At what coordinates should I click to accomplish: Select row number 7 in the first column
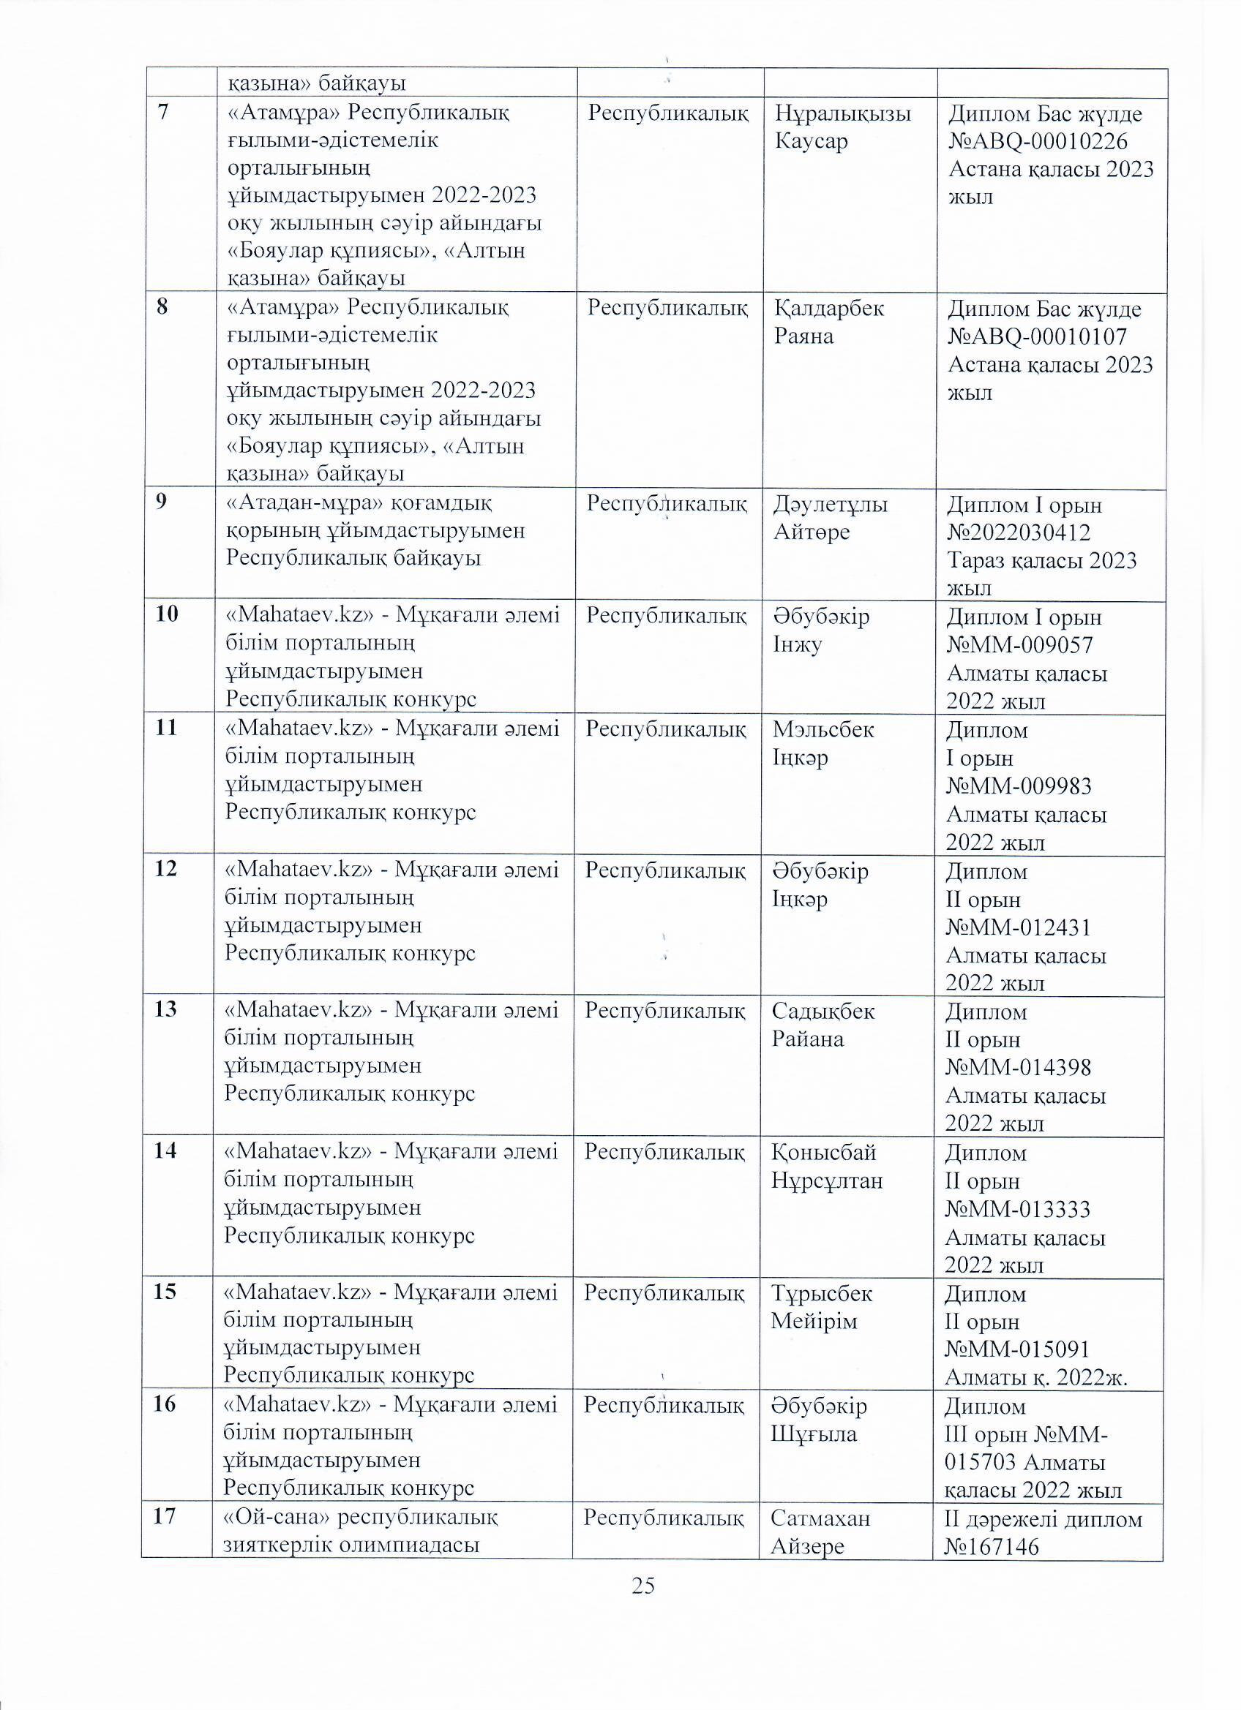pos(163,113)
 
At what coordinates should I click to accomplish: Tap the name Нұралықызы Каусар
pos(844,127)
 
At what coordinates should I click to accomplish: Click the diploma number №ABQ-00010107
pos(1038,337)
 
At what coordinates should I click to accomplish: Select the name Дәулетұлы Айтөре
pos(830,518)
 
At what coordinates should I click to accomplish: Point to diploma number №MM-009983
pos(1019,786)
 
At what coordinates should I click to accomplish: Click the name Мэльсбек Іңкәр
pos(823,743)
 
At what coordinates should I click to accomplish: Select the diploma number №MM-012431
pos(1019,927)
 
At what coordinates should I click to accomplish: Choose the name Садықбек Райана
pos(823,1025)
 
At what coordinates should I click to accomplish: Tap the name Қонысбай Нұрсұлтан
pos(826,1166)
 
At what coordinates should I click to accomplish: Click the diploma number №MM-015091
pos(1018,1349)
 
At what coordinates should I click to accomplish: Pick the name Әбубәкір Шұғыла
pos(819,1420)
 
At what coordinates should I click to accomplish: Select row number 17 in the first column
pos(165,1516)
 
